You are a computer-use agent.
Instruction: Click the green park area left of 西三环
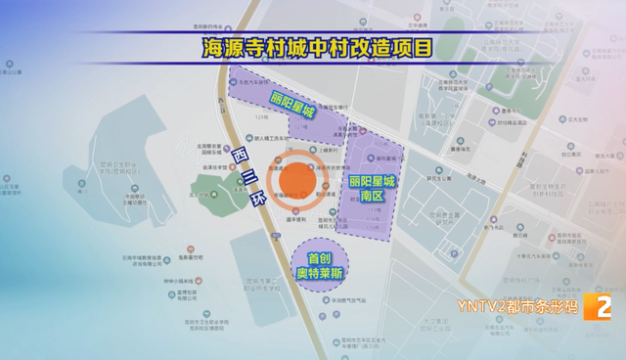[216, 186]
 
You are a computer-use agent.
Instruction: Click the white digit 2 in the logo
[602, 307]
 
